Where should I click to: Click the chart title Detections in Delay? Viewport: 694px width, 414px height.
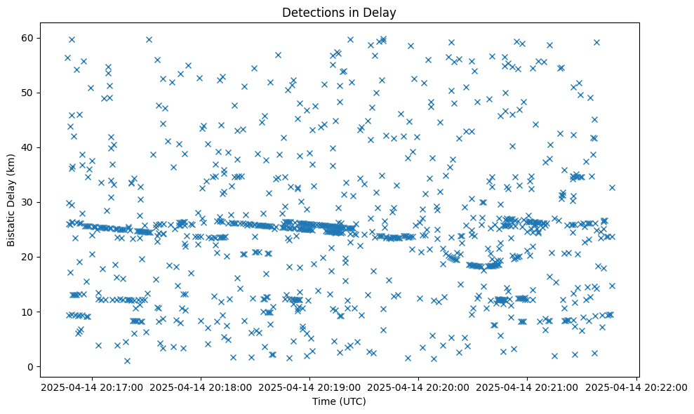coord(338,12)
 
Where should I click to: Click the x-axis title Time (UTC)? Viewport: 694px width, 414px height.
coord(338,402)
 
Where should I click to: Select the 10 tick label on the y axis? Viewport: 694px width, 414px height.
coord(29,312)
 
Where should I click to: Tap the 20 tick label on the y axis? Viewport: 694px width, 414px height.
coord(29,257)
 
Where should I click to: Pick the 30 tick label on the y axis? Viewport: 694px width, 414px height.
coord(29,202)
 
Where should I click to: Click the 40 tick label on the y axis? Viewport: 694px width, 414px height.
coord(29,147)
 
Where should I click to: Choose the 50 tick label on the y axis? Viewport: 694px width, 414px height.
coord(29,93)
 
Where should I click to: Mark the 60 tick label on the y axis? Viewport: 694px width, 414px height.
coord(29,38)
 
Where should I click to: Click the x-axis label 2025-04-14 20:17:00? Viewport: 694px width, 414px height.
coord(92,387)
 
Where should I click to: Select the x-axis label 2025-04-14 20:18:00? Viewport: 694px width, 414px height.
coord(201,387)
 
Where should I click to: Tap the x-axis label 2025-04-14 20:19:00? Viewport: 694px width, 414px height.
coord(309,387)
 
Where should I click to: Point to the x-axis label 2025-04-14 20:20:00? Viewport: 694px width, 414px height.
coord(419,387)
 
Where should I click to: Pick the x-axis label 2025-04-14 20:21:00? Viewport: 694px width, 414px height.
coord(528,387)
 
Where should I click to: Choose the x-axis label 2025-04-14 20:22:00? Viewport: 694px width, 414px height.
coord(636,387)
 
